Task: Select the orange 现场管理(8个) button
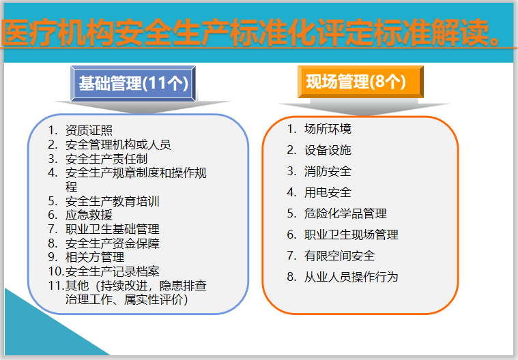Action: coord(360,83)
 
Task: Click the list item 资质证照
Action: coord(89,130)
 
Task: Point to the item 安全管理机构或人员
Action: coord(118,145)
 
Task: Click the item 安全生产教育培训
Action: coord(113,201)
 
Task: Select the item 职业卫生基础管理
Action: coord(113,229)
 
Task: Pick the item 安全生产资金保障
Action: coord(113,243)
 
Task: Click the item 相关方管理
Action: coord(95,257)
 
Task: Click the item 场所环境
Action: coord(328,129)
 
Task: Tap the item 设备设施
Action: coord(328,150)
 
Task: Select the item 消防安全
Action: coord(328,171)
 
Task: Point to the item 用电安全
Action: coord(328,192)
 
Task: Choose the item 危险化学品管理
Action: coord(345,213)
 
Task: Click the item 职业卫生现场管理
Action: coord(351,235)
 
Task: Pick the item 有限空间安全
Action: coord(339,256)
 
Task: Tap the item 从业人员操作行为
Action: coord(351,277)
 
